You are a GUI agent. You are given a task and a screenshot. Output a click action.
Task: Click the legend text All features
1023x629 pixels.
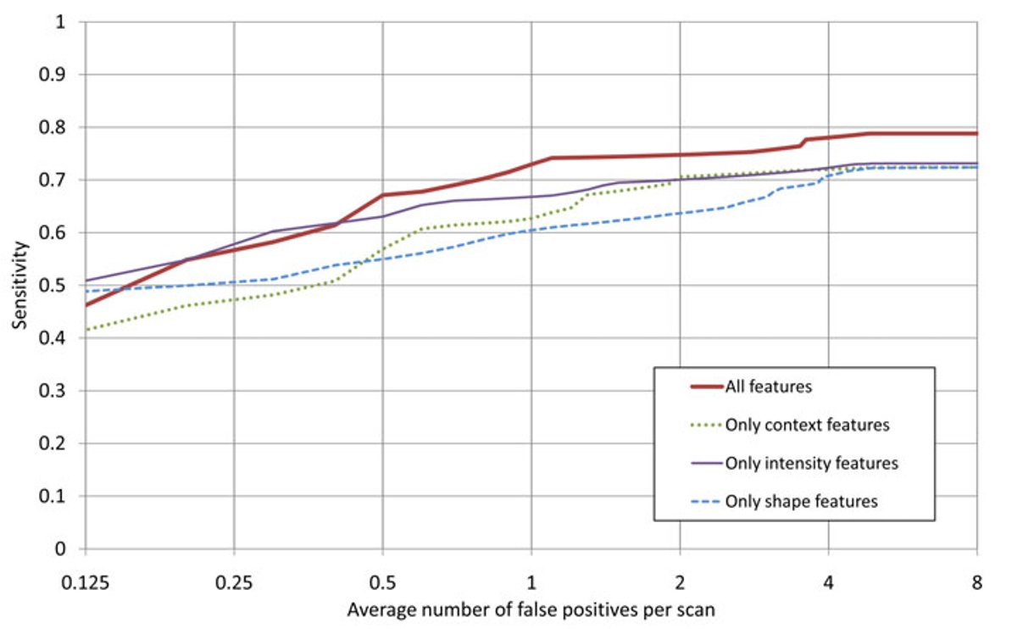point(768,387)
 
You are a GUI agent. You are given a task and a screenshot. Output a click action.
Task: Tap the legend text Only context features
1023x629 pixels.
point(807,425)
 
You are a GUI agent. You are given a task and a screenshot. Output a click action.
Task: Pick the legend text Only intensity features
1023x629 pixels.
point(811,463)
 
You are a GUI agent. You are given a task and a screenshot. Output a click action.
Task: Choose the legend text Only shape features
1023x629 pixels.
point(801,501)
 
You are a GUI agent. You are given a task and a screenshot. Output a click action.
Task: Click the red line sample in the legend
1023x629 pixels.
point(693,387)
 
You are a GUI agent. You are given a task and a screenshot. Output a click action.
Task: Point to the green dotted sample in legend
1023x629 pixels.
point(693,425)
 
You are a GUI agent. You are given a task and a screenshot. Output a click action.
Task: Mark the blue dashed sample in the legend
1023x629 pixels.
point(693,501)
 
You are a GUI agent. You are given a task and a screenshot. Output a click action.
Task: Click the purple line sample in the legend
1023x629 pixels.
point(693,463)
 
